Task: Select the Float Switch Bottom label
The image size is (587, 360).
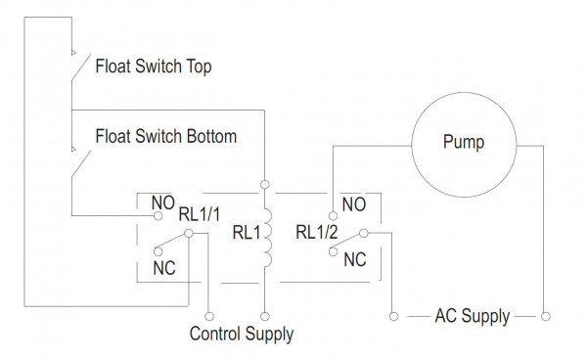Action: [x=165, y=136]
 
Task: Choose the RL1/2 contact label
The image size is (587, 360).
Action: [x=317, y=233]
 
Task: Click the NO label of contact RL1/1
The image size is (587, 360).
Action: [x=161, y=203]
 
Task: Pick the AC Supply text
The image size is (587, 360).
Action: [x=474, y=316]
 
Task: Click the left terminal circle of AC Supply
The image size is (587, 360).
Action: [x=392, y=316]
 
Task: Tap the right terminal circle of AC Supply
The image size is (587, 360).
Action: [x=546, y=316]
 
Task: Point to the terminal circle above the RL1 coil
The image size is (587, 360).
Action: [x=264, y=183]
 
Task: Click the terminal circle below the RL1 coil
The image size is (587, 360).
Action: [x=264, y=315]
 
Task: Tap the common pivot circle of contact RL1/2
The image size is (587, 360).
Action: [x=363, y=233]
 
